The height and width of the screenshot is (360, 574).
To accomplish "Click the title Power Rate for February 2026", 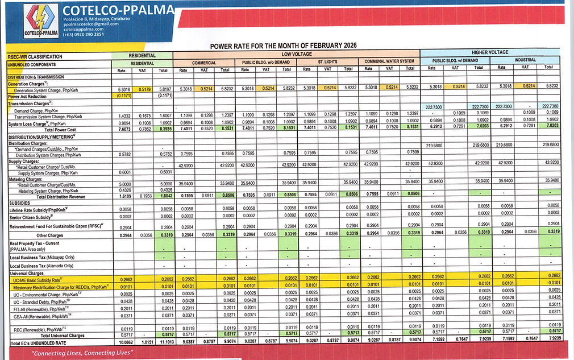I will pos(283,46).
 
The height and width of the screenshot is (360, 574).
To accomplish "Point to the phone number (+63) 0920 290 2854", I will pos(84,34).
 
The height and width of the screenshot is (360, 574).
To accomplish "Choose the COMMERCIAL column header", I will pos(203,61).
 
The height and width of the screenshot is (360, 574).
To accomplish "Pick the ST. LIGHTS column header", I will pos(327,61).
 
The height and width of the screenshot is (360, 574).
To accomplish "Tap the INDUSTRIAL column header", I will pos(525,60).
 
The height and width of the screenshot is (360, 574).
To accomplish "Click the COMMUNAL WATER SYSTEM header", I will pos(389,61).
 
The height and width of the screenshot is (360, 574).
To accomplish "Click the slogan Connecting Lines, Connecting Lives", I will pos(82,353).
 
